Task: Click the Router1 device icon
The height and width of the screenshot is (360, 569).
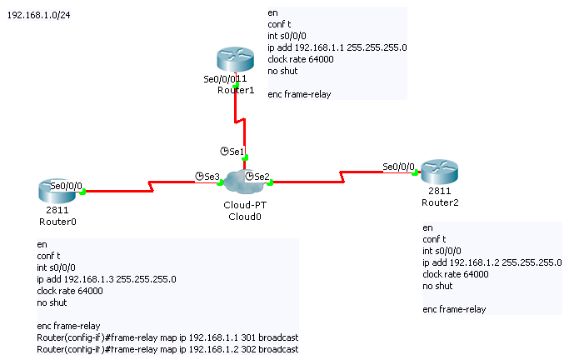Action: [x=235, y=60]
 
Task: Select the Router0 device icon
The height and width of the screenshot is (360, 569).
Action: [x=57, y=190]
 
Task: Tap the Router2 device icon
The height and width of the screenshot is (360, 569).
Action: [x=440, y=172]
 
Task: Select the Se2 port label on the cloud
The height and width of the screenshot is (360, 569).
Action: [x=262, y=177]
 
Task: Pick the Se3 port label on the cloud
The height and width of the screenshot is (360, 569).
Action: [x=212, y=177]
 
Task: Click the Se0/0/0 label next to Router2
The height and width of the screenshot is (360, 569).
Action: [x=398, y=167]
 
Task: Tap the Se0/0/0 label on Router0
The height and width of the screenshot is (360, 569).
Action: [x=66, y=185]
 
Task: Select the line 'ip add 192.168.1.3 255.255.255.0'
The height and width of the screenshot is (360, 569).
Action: [x=106, y=279]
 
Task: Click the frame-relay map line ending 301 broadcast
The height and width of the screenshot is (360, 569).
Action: [x=167, y=337]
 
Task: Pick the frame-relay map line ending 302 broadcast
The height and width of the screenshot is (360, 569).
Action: [x=167, y=349]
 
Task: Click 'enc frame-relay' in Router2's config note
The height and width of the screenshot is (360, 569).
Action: [x=454, y=309]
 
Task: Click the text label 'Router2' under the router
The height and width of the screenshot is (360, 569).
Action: [x=439, y=202]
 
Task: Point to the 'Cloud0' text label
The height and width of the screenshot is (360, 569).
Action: [x=245, y=216]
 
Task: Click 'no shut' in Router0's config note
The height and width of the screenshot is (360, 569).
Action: [x=52, y=302]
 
